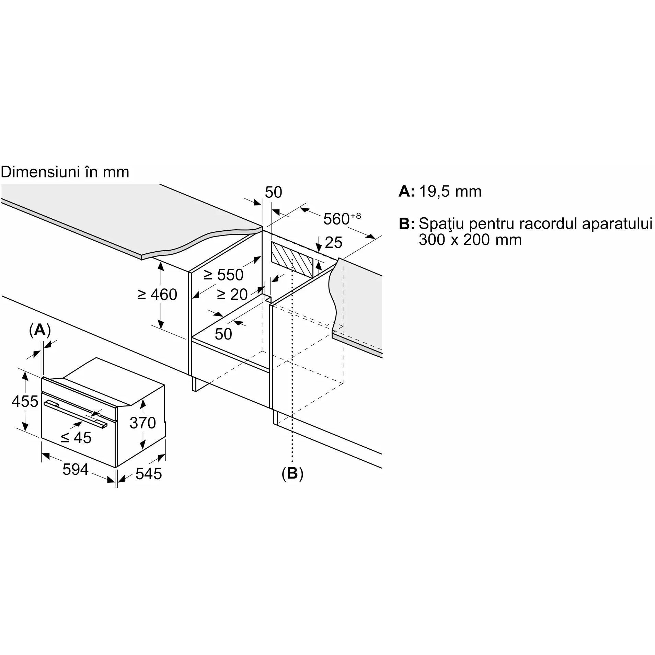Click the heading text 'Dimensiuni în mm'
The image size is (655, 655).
[65, 172]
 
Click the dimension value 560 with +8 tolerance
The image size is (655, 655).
[342, 219]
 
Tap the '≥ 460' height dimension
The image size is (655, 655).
[157, 295]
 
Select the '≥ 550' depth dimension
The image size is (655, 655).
[223, 275]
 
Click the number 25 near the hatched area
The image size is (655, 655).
[333, 243]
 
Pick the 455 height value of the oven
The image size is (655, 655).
[25, 401]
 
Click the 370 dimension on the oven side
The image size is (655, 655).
[142, 423]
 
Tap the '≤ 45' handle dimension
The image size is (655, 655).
[76, 437]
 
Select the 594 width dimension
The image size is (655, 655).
[76, 469]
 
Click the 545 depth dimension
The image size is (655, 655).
[148, 474]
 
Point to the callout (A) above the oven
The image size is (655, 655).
[40, 330]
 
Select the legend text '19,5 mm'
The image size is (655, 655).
[450, 191]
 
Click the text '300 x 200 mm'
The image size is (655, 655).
[470, 240]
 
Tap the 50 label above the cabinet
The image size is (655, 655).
[273, 192]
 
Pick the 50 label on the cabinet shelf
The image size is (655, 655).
[223, 334]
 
